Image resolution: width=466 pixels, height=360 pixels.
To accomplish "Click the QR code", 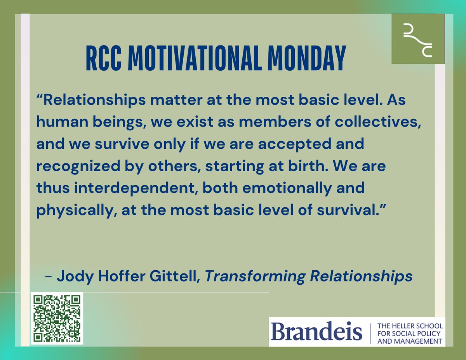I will pos(57,319).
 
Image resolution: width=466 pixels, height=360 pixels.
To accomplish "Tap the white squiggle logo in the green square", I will pos(418,38).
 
